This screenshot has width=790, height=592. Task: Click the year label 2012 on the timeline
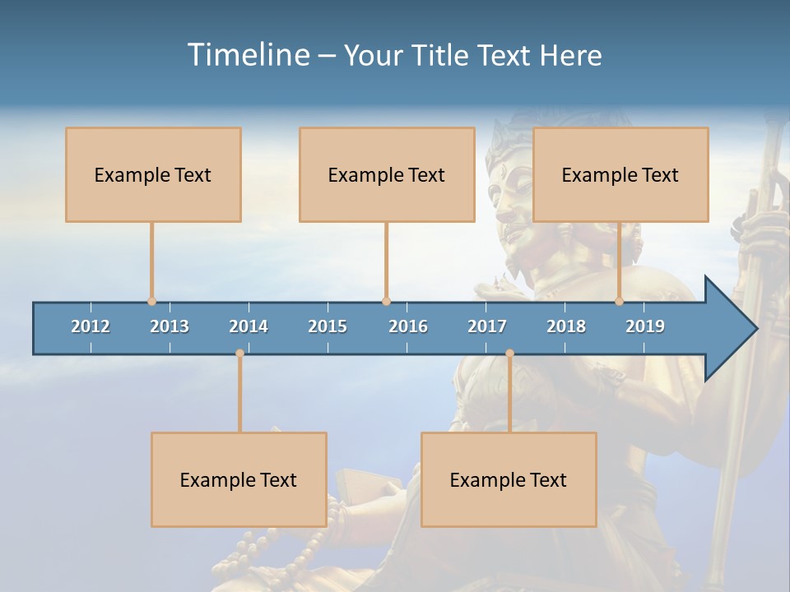point(91,326)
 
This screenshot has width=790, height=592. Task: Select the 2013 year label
point(170,326)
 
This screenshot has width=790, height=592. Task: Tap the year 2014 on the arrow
point(249,326)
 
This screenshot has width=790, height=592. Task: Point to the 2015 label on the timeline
point(328,326)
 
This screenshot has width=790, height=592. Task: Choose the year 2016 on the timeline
point(408,326)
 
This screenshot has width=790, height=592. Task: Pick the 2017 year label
point(487,326)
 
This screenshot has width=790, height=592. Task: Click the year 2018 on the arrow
point(566,326)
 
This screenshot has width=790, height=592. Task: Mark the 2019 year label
point(645,326)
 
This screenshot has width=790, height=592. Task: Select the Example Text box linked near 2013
point(153,174)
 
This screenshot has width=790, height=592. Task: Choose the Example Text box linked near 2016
point(387,174)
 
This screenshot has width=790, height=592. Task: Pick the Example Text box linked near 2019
point(620,174)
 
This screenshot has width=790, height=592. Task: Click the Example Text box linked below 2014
point(239,479)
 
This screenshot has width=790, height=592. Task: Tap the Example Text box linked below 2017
point(509,479)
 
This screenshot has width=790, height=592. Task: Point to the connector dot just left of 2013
point(151,302)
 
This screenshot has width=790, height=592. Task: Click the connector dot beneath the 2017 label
point(509,354)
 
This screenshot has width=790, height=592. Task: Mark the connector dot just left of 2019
point(619,302)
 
